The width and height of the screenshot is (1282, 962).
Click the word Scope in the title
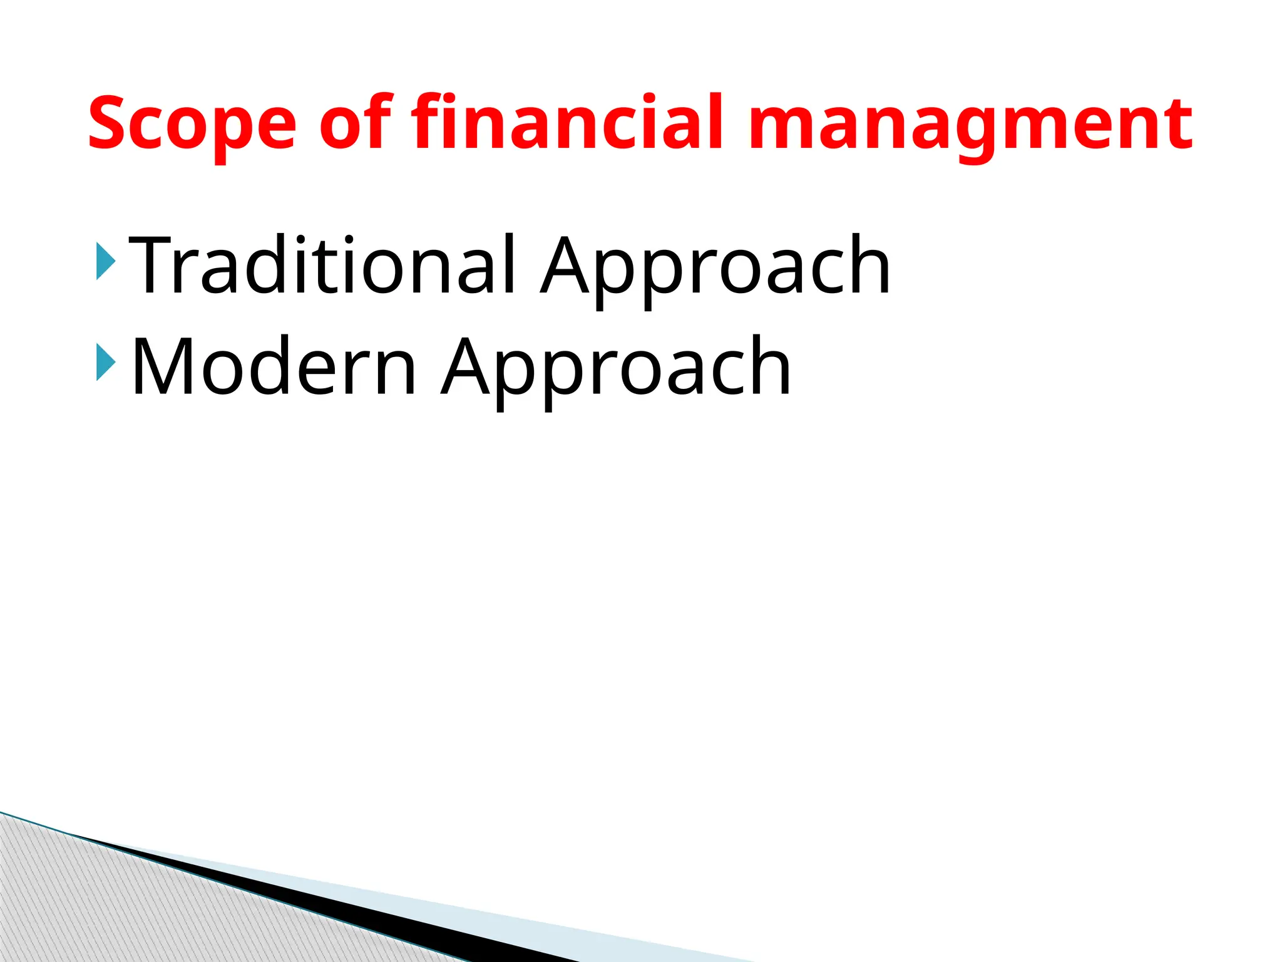192,123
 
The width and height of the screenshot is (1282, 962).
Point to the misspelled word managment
970,123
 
